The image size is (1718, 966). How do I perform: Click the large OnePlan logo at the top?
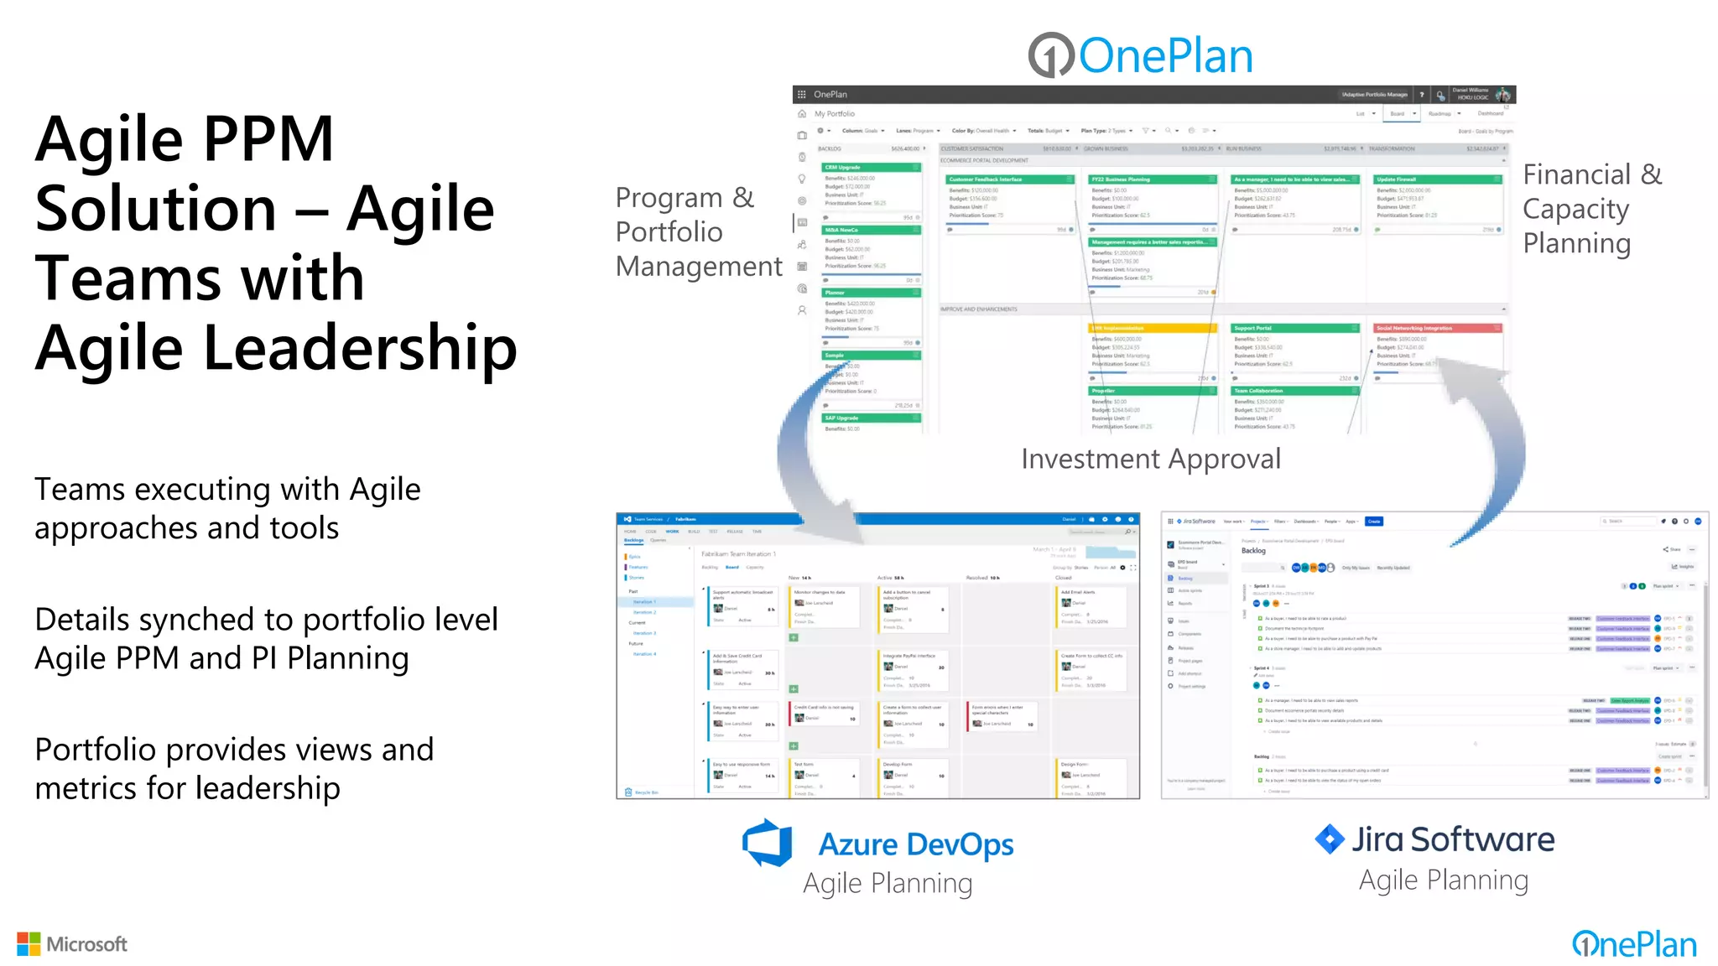click(x=1141, y=55)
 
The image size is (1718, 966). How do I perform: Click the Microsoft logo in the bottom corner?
click(x=72, y=944)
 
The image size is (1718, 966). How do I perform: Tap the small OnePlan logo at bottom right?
click(x=1634, y=944)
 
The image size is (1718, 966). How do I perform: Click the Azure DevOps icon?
click(x=768, y=843)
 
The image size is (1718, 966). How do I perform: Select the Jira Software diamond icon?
click(x=1330, y=839)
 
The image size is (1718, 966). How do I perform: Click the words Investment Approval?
click(x=1151, y=459)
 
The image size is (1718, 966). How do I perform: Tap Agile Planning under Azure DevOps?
click(x=888, y=883)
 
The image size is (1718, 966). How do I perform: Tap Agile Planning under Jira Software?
click(x=1444, y=880)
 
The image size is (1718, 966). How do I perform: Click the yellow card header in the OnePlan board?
click(x=1153, y=328)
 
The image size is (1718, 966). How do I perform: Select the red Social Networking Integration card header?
click(x=1437, y=328)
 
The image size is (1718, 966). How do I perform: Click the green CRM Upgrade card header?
click(x=871, y=168)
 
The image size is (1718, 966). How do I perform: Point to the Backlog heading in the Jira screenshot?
click(x=1253, y=551)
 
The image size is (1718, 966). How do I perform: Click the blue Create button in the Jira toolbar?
click(x=1374, y=522)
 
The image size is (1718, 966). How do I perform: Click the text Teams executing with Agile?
click(x=227, y=489)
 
